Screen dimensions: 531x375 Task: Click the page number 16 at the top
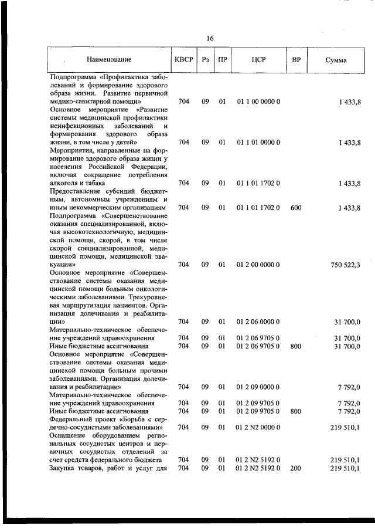tap(210, 38)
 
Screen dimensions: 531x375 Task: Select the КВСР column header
tap(183, 59)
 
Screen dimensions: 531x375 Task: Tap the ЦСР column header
tap(258, 59)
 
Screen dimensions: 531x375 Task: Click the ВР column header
tap(296, 59)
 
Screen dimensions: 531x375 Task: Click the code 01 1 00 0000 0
tap(258, 102)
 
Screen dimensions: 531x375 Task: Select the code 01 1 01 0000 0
tap(258, 142)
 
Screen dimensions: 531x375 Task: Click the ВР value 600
tap(295, 208)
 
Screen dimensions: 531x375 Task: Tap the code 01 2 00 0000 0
tap(258, 265)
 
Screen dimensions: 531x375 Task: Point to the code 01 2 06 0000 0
tap(258, 322)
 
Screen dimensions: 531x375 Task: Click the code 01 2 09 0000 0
tap(258, 387)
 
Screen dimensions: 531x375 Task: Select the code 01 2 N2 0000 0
tap(258, 428)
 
